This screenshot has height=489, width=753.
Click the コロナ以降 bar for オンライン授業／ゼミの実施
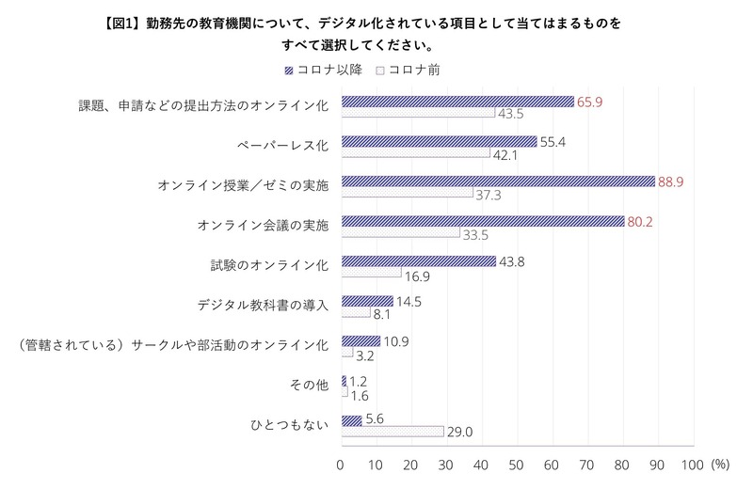coord(497,181)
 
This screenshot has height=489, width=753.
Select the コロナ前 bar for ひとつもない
coord(392,432)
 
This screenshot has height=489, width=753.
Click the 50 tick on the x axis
coord(517,465)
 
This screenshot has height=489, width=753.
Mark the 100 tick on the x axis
coord(692,465)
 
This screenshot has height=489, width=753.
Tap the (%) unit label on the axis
coord(721,465)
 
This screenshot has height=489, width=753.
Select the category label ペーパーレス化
coord(282,147)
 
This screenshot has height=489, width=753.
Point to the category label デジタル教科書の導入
coord(263,306)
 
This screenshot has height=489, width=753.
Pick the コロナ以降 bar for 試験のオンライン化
coord(418,261)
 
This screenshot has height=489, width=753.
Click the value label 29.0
coord(460,432)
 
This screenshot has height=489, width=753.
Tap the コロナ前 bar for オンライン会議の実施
coord(400,233)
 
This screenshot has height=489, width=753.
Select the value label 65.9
coord(590,102)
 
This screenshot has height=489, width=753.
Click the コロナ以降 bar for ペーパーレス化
coord(439,142)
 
